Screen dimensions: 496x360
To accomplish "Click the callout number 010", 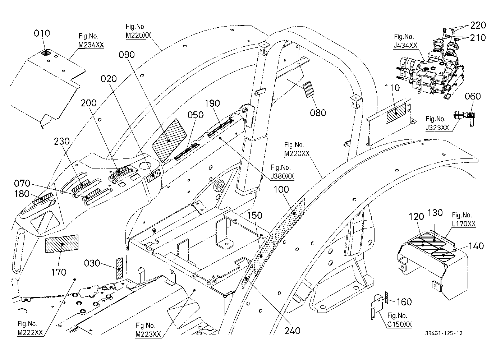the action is point(42,33).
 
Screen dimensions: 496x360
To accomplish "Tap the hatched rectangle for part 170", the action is point(61,244).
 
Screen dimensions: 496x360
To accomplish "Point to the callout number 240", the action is point(292,331).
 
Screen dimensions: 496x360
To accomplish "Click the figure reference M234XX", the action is point(91,45).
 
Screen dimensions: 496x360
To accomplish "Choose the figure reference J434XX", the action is point(405,45).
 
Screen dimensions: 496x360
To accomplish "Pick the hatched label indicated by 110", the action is point(396,114).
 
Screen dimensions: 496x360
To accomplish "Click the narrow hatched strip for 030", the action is point(119,268).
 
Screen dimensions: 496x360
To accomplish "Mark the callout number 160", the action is point(404,302).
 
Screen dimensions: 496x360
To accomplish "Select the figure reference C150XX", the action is point(399,324).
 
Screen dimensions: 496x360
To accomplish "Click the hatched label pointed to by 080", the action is point(309,89).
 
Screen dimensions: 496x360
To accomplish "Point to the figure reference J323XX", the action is point(437,128).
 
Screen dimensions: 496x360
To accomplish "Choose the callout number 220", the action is point(478,26).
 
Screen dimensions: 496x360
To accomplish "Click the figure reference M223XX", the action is point(148,334).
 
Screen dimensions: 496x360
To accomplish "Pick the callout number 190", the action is point(212,103).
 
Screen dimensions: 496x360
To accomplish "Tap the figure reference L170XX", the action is point(463,224).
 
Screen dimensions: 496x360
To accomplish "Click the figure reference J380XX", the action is point(282,176).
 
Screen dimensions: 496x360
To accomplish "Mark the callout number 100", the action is point(281,189).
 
